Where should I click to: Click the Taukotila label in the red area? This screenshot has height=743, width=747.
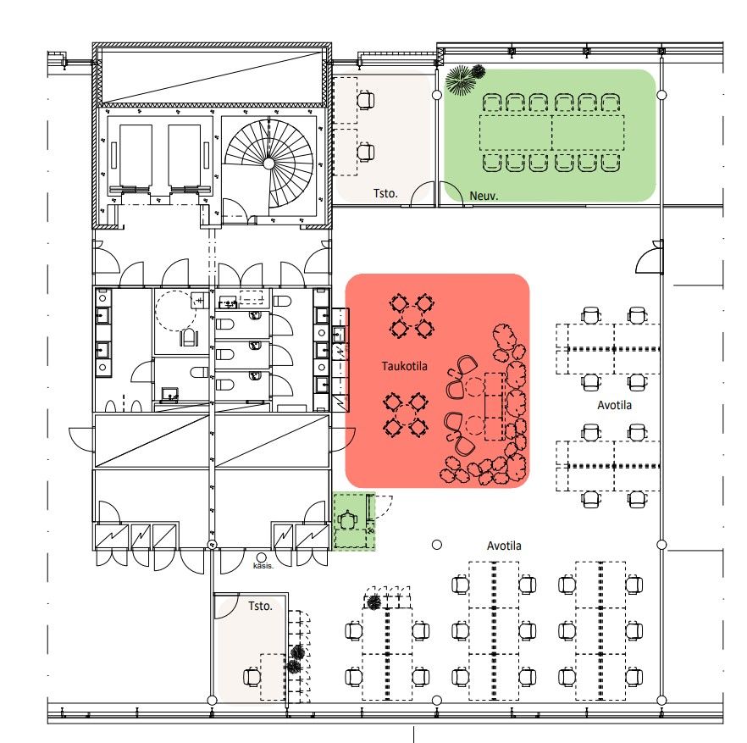tap(404, 366)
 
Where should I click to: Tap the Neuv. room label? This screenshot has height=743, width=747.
tap(484, 196)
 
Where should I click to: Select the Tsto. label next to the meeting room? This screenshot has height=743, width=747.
tap(385, 193)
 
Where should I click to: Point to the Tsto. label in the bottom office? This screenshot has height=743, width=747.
tap(260, 606)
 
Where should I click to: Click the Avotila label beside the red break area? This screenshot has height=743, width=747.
tap(614, 405)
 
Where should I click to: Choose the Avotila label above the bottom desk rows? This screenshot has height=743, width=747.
tap(504, 546)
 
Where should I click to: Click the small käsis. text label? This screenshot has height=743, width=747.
tap(263, 566)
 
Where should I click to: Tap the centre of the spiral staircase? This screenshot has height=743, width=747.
tap(268, 164)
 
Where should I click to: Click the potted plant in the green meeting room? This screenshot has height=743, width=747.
tap(463, 79)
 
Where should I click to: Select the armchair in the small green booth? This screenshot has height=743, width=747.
tap(348, 518)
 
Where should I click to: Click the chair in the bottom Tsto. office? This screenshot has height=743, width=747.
tap(252, 677)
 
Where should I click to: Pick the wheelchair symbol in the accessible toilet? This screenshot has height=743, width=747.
tap(189, 337)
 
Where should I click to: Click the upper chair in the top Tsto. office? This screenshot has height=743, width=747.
tap(365, 101)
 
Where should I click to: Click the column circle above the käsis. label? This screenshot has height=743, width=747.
tap(261, 557)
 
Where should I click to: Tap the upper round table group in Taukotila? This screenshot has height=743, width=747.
tap(411, 315)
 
